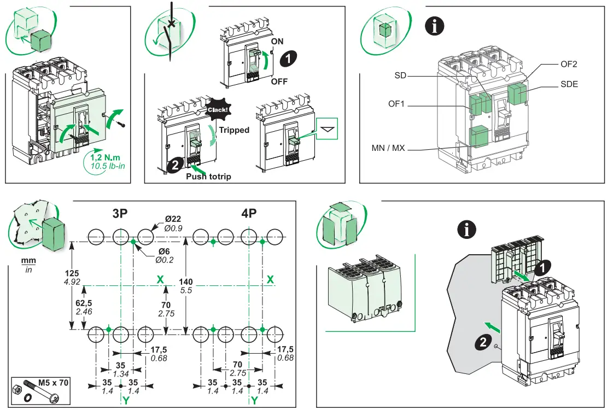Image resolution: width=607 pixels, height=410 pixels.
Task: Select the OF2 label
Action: coord(569,64)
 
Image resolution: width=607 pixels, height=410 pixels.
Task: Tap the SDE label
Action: coord(569,84)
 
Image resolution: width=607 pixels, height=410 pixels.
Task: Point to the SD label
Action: coord(400,75)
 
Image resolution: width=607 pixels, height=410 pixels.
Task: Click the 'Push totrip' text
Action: coord(208,176)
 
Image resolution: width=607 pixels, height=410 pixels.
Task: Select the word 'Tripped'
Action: coord(234,130)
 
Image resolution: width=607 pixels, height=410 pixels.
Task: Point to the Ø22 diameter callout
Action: coord(173,219)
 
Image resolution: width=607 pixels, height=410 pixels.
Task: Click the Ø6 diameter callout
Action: coord(164,251)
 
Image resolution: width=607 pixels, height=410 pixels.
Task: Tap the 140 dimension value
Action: coord(186,282)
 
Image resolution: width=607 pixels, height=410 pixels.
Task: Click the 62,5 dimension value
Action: coord(84,303)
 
